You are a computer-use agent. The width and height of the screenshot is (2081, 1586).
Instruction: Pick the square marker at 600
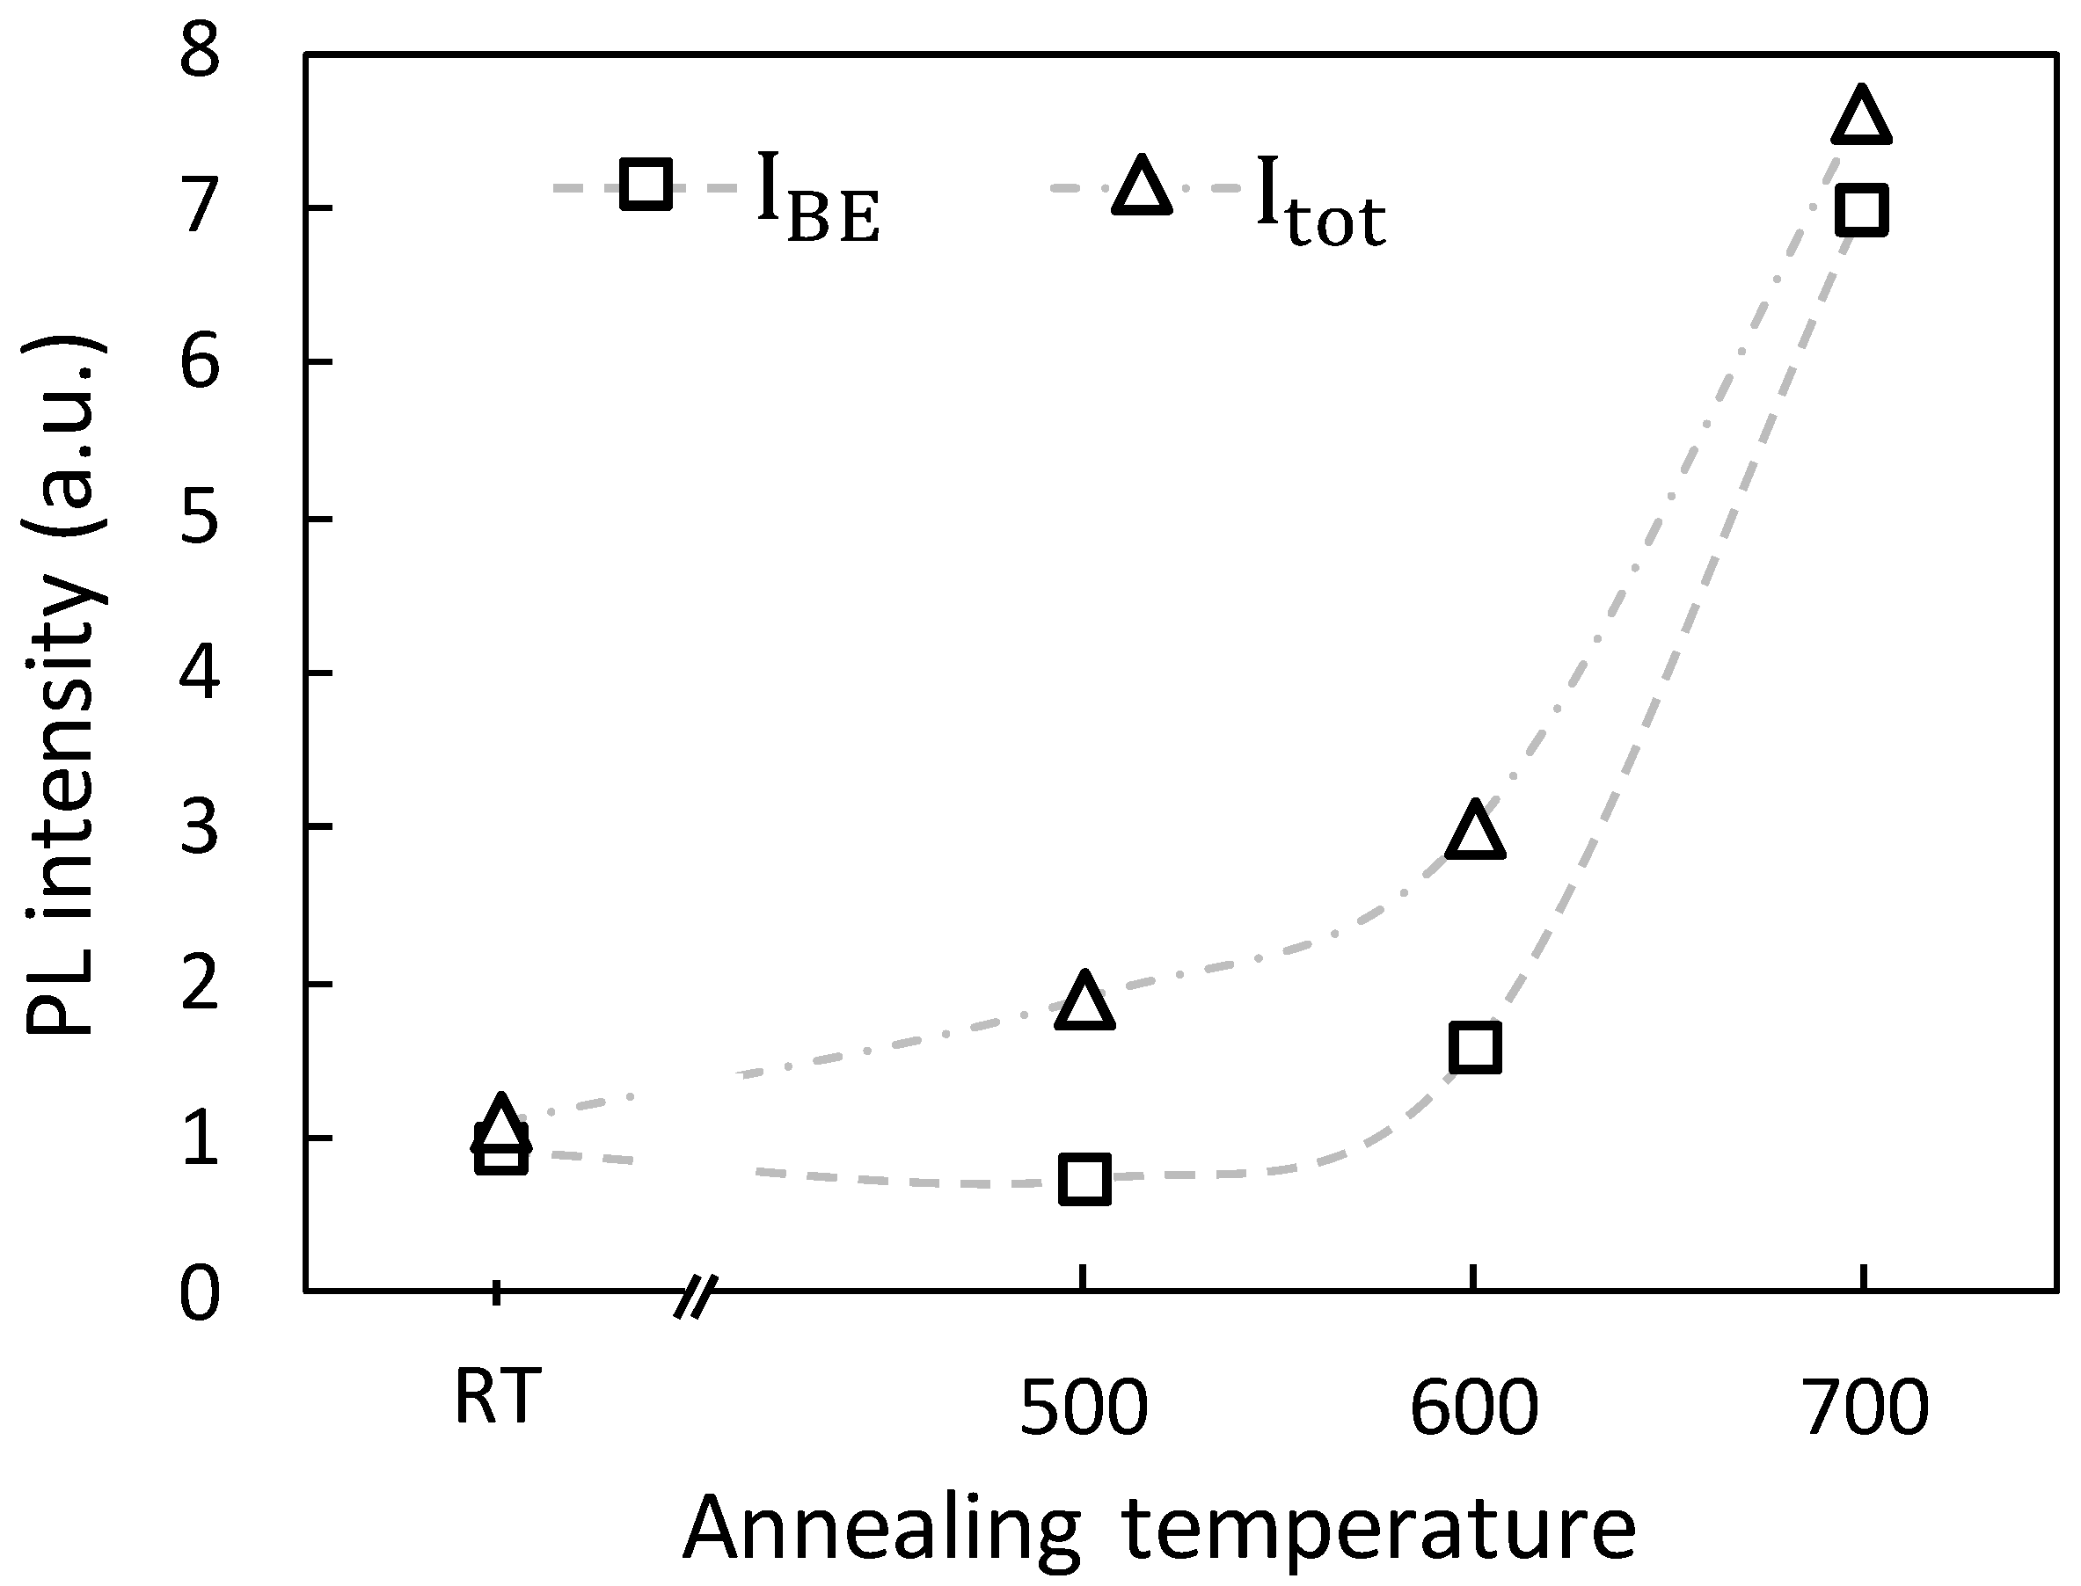coord(1475,1046)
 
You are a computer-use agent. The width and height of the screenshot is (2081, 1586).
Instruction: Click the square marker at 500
coord(1084,1179)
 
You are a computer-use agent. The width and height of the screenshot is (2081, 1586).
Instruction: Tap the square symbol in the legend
coord(646,184)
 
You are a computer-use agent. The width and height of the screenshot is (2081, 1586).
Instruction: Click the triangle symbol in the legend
coord(1142,188)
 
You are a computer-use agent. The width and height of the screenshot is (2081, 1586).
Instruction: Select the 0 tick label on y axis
coord(201,1296)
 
